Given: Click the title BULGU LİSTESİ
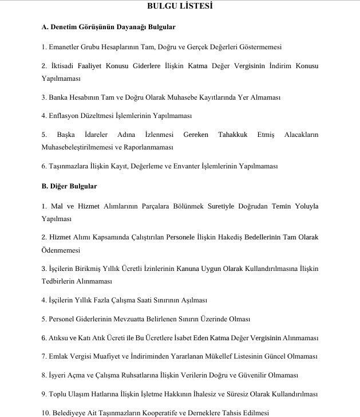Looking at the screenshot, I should coord(180,7).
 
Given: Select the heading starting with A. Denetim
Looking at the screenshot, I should coord(108,27).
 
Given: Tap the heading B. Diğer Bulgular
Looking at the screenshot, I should coord(69,186).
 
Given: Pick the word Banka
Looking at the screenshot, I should coord(61,97).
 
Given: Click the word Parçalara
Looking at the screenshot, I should coord(148,206).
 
